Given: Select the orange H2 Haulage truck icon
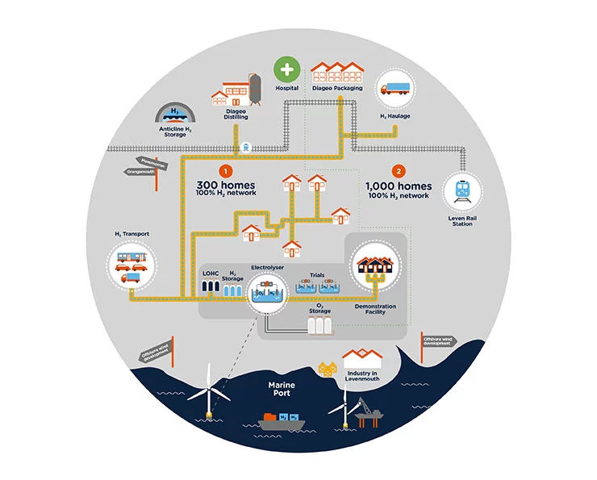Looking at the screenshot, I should (x=395, y=90).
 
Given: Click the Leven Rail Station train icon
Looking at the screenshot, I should (x=463, y=191).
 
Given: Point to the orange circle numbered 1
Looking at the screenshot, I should (x=226, y=171).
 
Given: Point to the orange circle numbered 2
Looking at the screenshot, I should (x=398, y=171).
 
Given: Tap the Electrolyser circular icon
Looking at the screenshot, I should (x=267, y=288).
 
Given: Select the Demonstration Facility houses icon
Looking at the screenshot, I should (x=374, y=265).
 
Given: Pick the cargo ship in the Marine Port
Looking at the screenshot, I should (x=282, y=421).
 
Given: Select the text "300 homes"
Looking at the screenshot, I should (x=227, y=186).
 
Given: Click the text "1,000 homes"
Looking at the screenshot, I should (x=399, y=186).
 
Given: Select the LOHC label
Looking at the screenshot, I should (x=211, y=274).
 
